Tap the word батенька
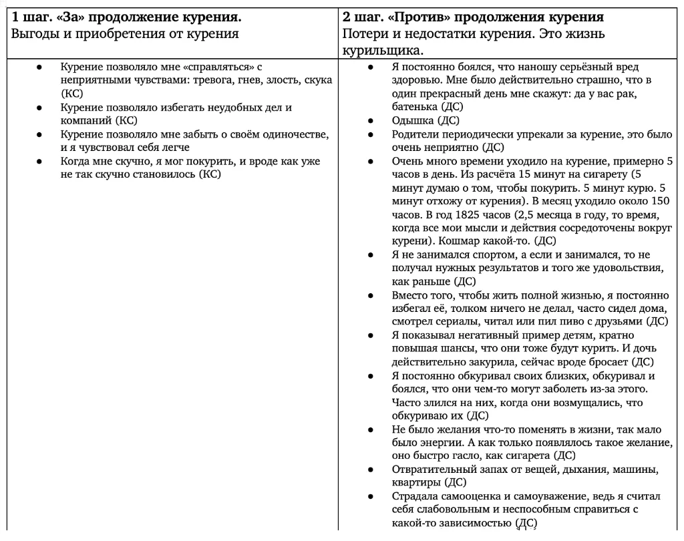tap(414, 107)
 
